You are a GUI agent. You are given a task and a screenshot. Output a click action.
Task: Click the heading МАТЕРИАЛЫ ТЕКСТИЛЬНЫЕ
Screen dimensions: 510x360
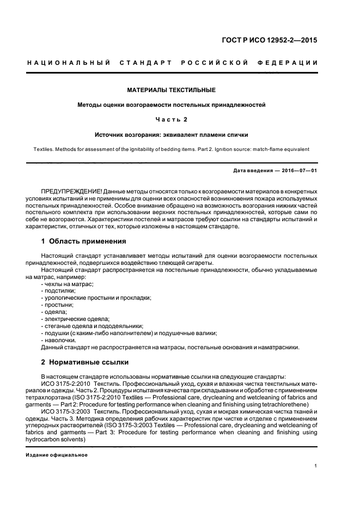[x=172, y=89]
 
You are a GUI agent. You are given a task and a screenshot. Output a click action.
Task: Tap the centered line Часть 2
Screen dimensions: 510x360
[x=172, y=119]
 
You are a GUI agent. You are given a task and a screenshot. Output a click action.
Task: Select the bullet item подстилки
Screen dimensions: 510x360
[x=58, y=291]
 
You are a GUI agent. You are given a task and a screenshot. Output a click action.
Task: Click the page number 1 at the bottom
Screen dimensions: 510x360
[x=315, y=466]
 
